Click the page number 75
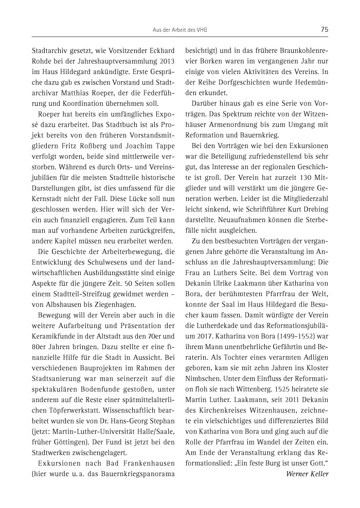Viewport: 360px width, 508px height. (x=325, y=30)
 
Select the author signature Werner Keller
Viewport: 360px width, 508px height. (x=307, y=473)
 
